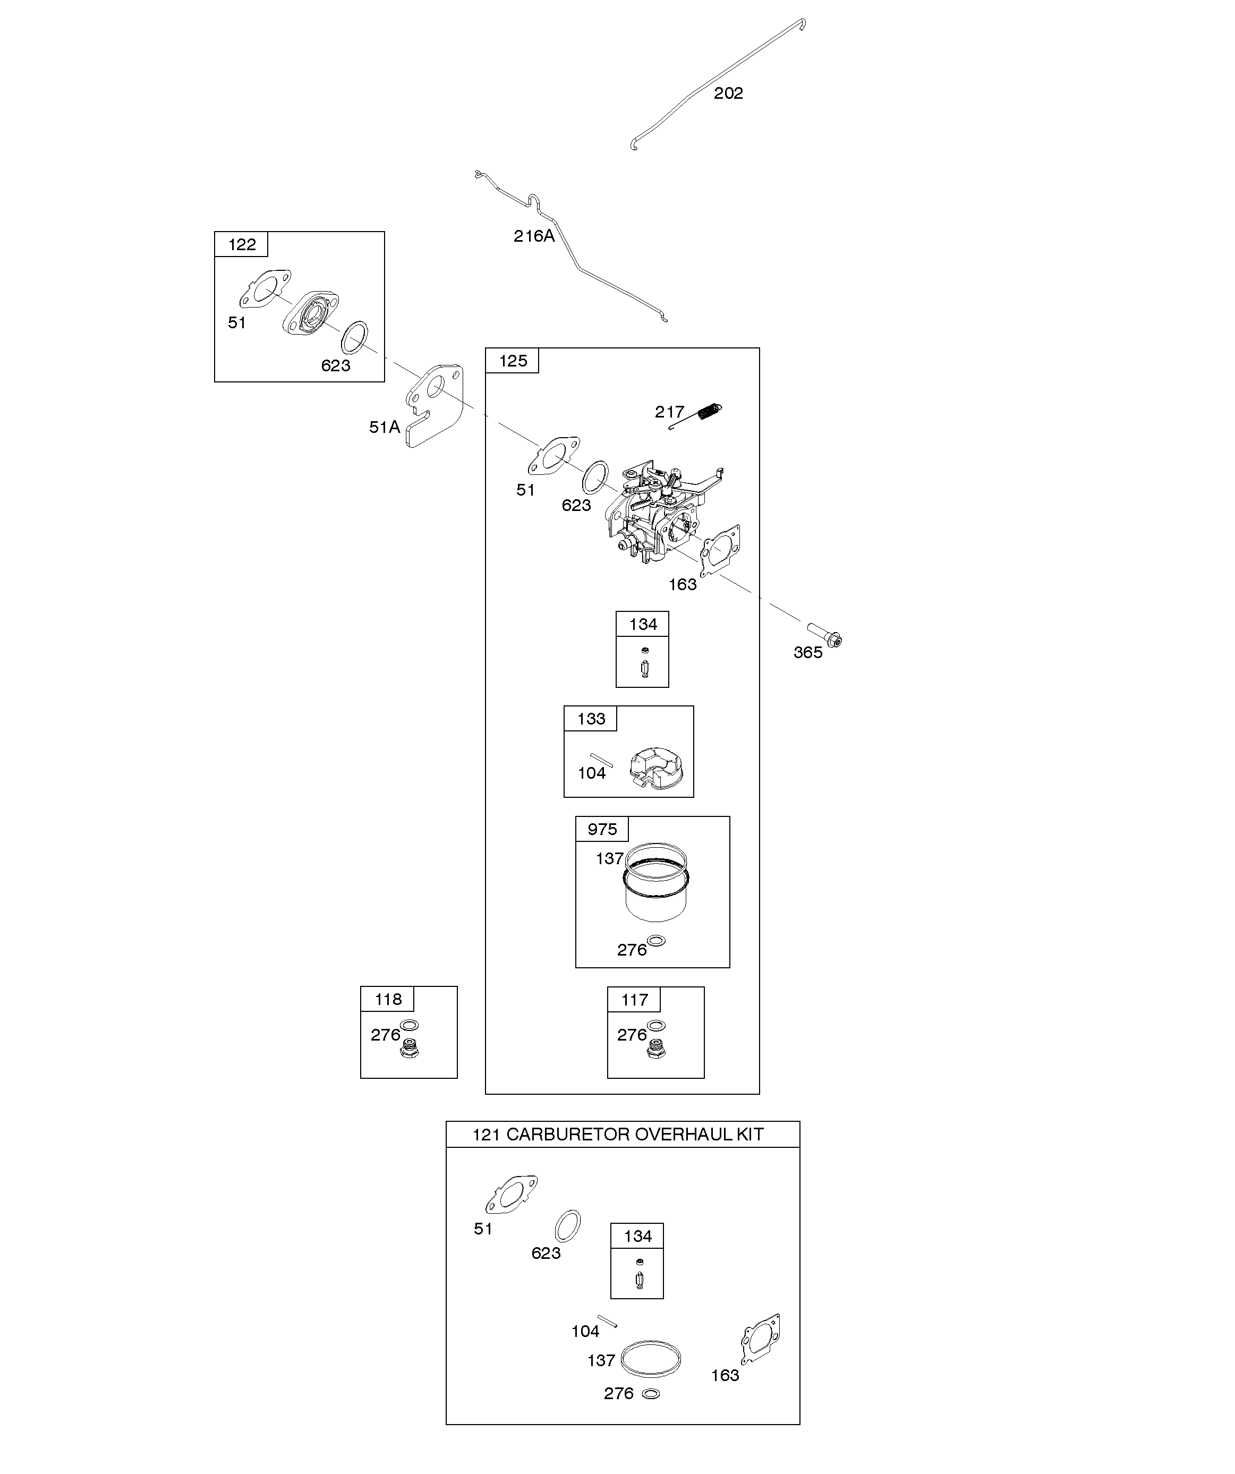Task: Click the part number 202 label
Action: tap(728, 93)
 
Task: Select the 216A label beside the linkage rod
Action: tap(534, 236)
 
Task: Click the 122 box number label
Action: tap(242, 244)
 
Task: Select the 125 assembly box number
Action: tap(513, 361)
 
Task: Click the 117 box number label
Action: tap(635, 1000)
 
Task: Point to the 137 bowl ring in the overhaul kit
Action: tap(651, 1359)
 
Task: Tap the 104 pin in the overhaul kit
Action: tap(607, 1320)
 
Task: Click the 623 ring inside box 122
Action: tap(354, 338)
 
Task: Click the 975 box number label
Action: tap(602, 829)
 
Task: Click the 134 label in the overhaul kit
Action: tap(637, 1236)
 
